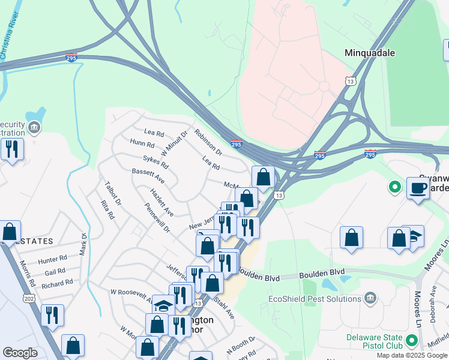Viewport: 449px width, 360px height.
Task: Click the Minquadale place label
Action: [x=370, y=53]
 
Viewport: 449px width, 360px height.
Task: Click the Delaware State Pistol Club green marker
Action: [x=411, y=341]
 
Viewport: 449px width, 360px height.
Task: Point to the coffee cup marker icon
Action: [x=418, y=188]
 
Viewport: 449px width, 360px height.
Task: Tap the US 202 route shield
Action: [x=30, y=299]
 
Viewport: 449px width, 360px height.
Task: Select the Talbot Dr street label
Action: [x=113, y=193]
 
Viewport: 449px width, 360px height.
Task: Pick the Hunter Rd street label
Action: [x=52, y=259]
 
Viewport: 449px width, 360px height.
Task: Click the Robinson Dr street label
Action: [x=208, y=144]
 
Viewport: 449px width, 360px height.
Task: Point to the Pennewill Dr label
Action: [x=157, y=218]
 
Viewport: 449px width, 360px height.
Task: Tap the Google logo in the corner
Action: [x=20, y=353]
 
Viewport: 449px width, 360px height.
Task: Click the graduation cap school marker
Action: [x=163, y=305]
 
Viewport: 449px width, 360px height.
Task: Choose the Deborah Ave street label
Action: [x=432, y=304]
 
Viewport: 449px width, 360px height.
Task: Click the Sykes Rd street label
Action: [x=155, y=160]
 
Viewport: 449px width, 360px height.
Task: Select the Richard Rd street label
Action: [x=57, y=282]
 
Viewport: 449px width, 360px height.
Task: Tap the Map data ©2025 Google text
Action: [x=411, y=355]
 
